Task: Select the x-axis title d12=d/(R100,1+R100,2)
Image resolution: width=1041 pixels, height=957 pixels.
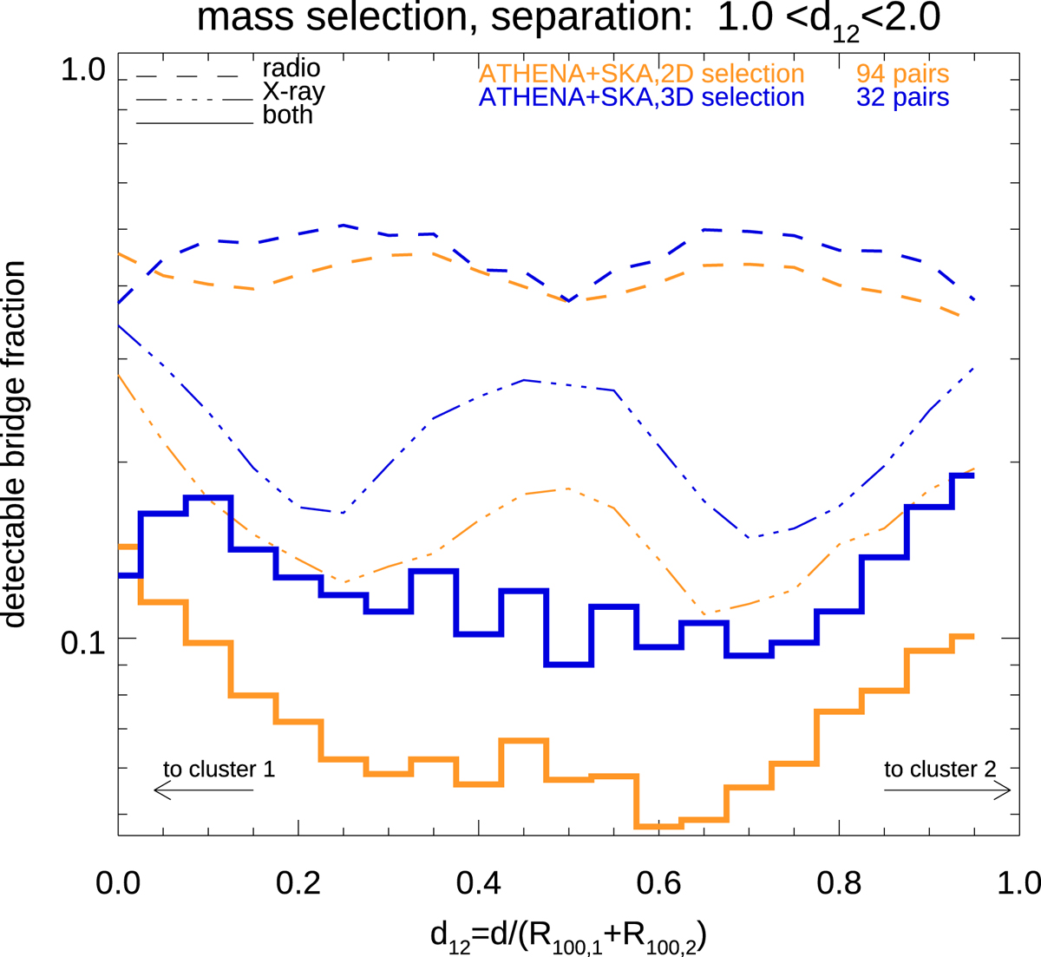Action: coord(568,935)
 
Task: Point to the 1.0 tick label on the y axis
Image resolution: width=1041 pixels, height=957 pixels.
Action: coord(82,71)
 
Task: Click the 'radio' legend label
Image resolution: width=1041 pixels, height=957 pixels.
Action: coord(291,68)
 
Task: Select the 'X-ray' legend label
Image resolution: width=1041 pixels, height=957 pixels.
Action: coord(294,92)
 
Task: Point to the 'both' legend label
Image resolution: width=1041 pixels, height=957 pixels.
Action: coord(288,115)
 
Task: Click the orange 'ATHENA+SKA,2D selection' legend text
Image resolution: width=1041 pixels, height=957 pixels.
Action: coord(641,74)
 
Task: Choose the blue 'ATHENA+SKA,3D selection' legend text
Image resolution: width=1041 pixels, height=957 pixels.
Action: coord(641,97)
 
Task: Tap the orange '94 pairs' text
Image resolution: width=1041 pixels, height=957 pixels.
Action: coord(902,74)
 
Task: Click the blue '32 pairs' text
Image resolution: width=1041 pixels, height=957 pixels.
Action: coord(902,97)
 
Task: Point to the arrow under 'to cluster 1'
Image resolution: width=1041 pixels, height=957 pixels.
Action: coord(203,790)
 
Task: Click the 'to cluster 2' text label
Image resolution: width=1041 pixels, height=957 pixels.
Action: coord(940,770)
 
